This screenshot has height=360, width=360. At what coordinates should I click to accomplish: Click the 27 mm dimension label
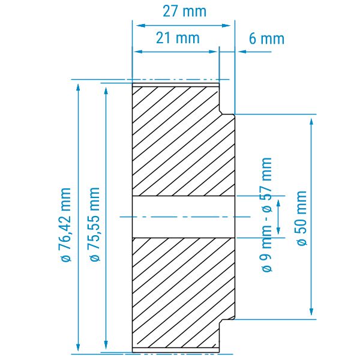pos(184,11)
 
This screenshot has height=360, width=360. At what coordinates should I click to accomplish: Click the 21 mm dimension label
pos(178,38)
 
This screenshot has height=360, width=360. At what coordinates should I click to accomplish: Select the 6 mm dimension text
pos(266,38)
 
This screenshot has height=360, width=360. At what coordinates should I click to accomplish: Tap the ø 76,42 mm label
pos(66,224)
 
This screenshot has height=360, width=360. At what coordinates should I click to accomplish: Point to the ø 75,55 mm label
pos(95,224)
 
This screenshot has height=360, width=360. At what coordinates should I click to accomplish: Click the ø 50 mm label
pos(302,218)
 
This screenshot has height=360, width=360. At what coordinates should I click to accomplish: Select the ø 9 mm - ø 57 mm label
pos(267,215)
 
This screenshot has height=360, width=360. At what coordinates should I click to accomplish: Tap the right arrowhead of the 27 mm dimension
pos(226,25)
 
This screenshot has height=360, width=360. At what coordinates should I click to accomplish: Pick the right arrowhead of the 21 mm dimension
pos(213,52)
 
